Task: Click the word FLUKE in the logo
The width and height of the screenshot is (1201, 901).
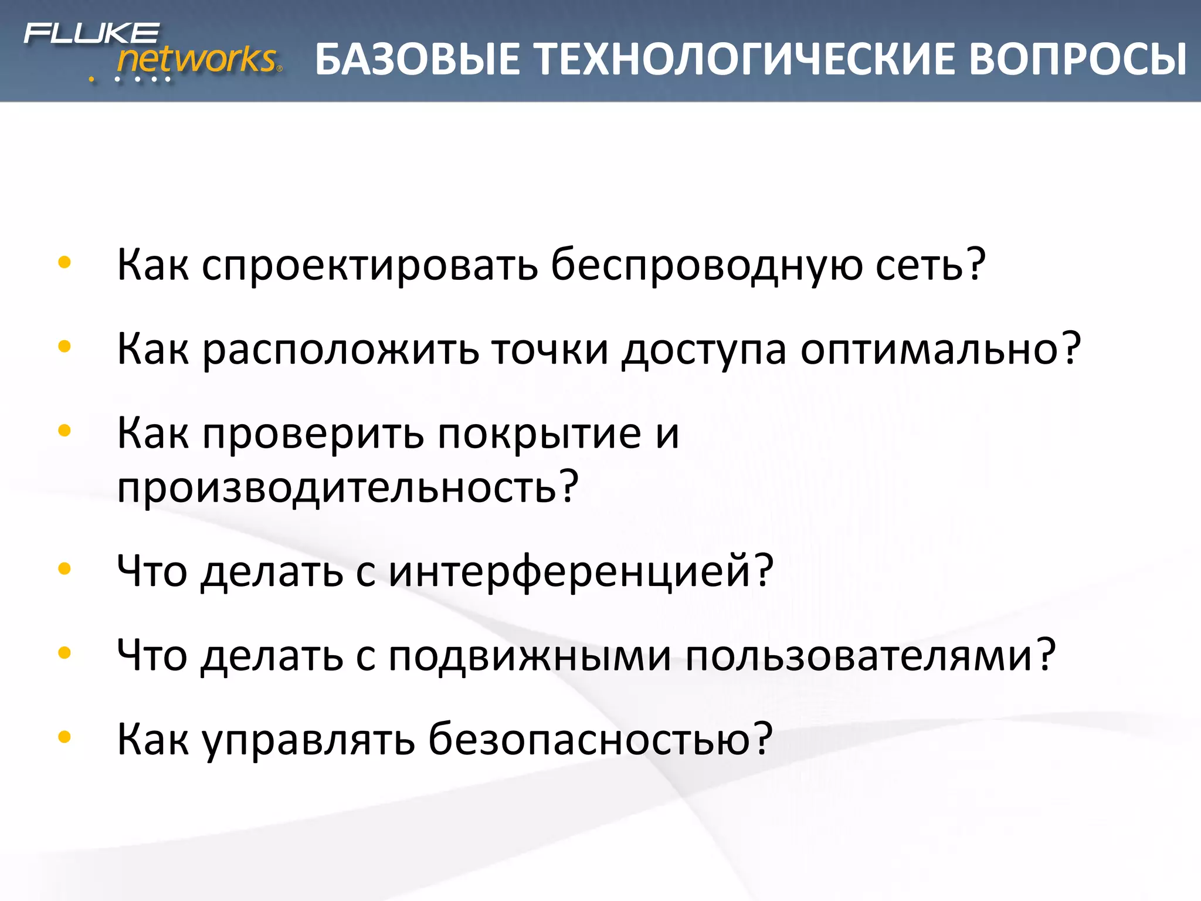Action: [91, 33]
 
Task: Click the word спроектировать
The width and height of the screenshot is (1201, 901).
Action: [369, 265]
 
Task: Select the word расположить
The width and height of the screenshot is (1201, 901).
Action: [341, 350]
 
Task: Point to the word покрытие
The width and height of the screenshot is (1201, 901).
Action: [540, 434]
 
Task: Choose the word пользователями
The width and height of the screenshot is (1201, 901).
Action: [859, 656]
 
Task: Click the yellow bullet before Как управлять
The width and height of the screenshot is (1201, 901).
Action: [65, 737]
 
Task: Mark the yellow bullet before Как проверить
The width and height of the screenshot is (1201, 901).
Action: [65, 431]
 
